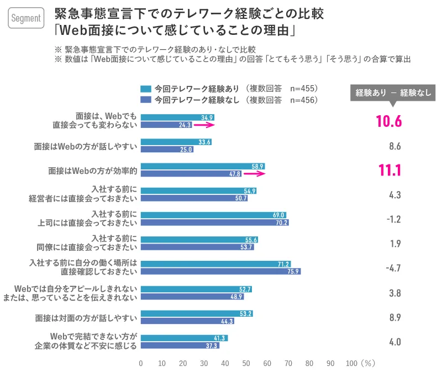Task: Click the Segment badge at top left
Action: click(26, 18)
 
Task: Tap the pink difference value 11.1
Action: click(389, 170)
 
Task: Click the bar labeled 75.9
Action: click(220, 271)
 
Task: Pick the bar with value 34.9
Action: click(177, 117)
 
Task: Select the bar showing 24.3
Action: click(166, 125)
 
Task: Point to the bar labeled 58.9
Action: click(203, 166)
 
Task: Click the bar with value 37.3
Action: click(180, 346)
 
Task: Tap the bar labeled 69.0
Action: click(213, 215)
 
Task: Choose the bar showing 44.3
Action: click(187, 321)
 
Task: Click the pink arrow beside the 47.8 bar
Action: click(255, 174)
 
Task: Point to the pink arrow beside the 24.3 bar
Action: click(203, 126)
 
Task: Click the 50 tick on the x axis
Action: click(246, 363)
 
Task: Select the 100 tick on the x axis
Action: click(351, 363)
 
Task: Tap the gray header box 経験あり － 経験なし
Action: click(393, 92)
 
